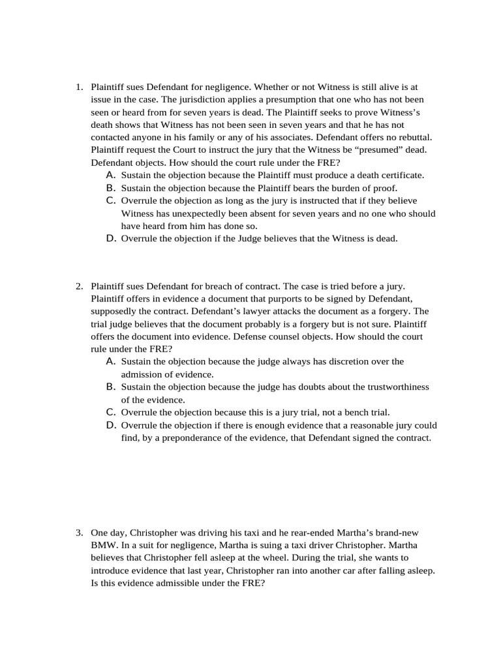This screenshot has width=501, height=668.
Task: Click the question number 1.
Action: point(78,87)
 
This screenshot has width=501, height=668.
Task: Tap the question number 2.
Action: point(78,286)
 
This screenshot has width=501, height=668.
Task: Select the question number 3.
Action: point(78,533)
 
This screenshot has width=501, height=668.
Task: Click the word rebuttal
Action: point(411,138)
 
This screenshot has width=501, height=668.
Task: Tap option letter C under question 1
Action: point(110,200)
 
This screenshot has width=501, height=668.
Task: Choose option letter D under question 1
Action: point(110,238)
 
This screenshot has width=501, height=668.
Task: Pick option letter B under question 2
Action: point(110,387)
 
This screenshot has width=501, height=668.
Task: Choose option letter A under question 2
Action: point(110,361)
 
